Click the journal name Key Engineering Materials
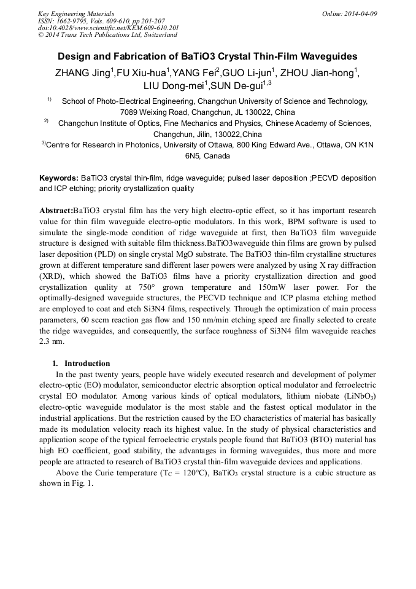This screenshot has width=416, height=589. pos(76,14)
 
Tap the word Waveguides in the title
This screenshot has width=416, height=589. pos(326,56)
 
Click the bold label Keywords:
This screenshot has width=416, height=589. pos(58,178)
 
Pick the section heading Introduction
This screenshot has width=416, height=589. pos(87,363)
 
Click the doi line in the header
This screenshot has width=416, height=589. pos(109,28)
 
